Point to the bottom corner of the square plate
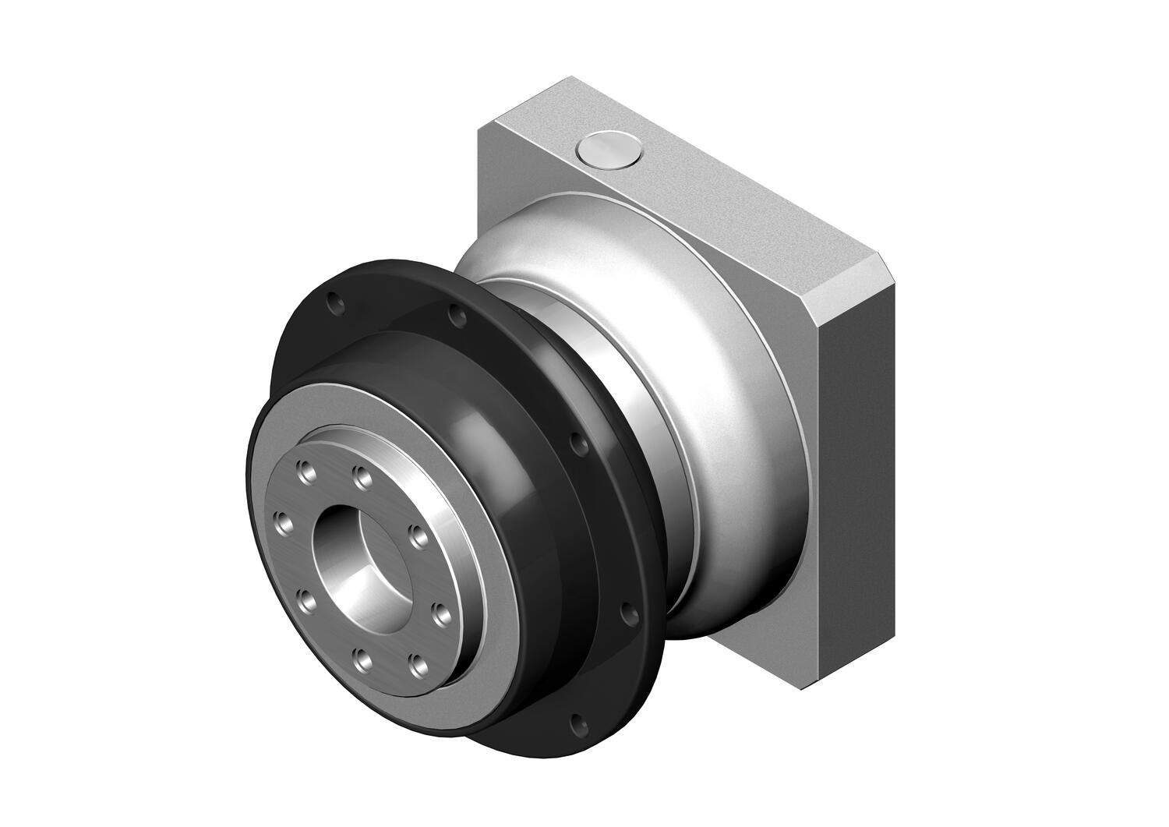[803, 686]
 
